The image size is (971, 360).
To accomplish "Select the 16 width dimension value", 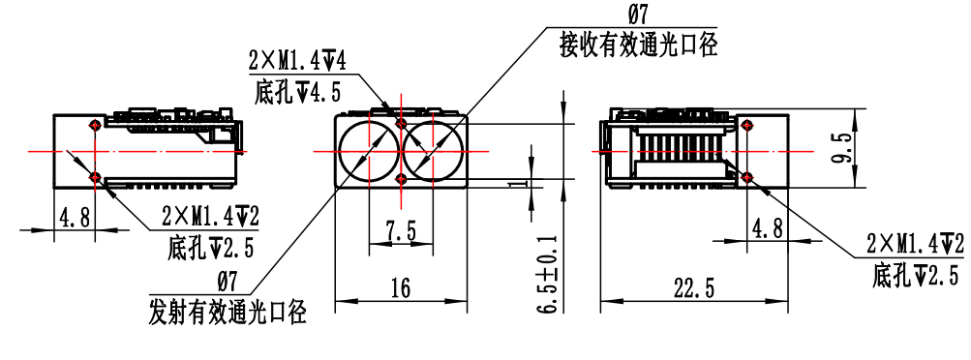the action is pyautogui.click(x=402, y=288).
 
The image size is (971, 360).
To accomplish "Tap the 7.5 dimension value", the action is pyautogui.click(x=401, y=232).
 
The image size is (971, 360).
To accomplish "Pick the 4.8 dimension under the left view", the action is pyautogui.click(x=75, y=218).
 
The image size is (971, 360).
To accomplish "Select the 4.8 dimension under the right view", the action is pyautogui.click(x=768, y=228).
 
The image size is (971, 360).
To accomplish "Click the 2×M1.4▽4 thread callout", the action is pyautogui.click(x=297, y=61).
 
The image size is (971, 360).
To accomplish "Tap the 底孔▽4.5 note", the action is pyautogui.click(x=297, y=94).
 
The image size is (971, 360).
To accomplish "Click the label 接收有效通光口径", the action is pyautogui.click(x=638, y=45).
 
